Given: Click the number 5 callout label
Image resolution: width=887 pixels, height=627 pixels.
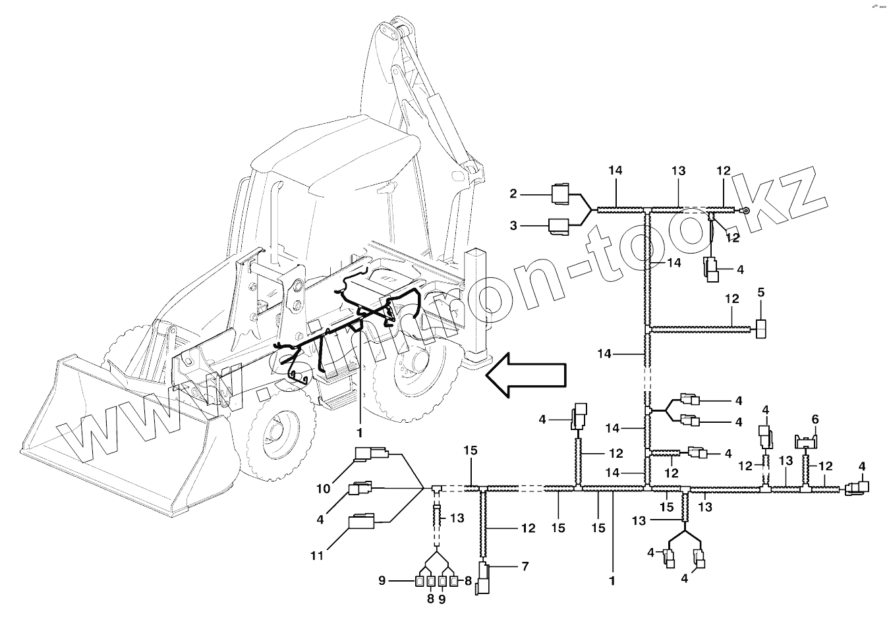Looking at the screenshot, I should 761,292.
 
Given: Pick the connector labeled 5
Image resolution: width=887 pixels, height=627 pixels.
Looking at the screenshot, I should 761,328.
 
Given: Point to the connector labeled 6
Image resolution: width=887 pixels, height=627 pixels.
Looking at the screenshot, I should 806,441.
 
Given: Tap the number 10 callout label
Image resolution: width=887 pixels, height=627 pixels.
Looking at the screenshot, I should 324,489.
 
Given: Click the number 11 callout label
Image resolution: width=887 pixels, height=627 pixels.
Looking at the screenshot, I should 317,555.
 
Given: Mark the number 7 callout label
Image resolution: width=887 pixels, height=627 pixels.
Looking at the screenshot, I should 525,566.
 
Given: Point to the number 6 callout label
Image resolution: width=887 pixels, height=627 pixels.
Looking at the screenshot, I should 815,419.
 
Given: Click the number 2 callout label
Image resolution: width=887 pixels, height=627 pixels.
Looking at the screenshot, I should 513,194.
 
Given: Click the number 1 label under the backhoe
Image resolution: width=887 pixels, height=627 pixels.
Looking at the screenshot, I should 360,433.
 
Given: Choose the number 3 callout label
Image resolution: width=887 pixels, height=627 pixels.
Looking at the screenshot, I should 513,226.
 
